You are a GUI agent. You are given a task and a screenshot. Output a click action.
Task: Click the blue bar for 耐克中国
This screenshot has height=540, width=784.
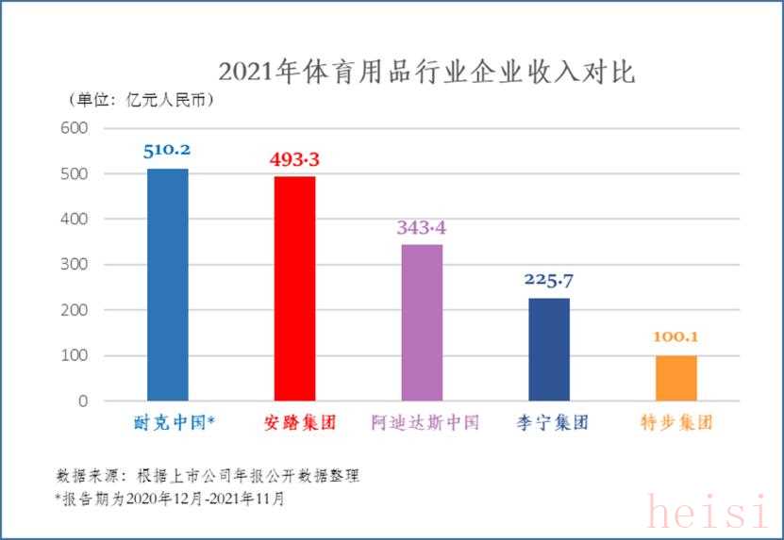click(x=168, y=285)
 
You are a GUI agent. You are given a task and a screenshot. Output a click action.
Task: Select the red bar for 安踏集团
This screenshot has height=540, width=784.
click(x=294, y=292)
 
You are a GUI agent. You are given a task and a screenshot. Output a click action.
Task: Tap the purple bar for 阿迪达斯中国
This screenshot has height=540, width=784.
click(x=422, y=323)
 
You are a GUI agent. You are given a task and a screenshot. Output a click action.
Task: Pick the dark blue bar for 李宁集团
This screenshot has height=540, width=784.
click(x=548, y=350)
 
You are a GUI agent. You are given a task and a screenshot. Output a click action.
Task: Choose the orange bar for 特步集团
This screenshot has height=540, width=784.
click(x=676, y=378)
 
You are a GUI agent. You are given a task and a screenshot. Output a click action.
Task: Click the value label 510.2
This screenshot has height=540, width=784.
click(x=167, y=150)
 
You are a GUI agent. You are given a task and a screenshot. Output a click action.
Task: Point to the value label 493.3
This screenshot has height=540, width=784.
click(x=294, y=160)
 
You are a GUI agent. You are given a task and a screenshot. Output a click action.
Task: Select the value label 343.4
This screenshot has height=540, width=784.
click(x=421, y=227)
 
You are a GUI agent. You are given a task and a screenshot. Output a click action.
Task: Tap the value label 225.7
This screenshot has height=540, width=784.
click(x=548, y=280)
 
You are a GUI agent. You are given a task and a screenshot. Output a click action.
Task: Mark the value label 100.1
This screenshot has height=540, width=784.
click(x=676, y=337)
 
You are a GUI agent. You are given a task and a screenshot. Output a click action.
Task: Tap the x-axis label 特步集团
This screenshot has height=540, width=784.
click(x=676, y=422)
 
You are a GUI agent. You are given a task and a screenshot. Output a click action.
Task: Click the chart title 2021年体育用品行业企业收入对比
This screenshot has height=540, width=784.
click(x=426, y=72)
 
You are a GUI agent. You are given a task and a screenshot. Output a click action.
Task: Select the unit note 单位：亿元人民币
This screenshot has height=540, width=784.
click(x=142, y=99)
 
